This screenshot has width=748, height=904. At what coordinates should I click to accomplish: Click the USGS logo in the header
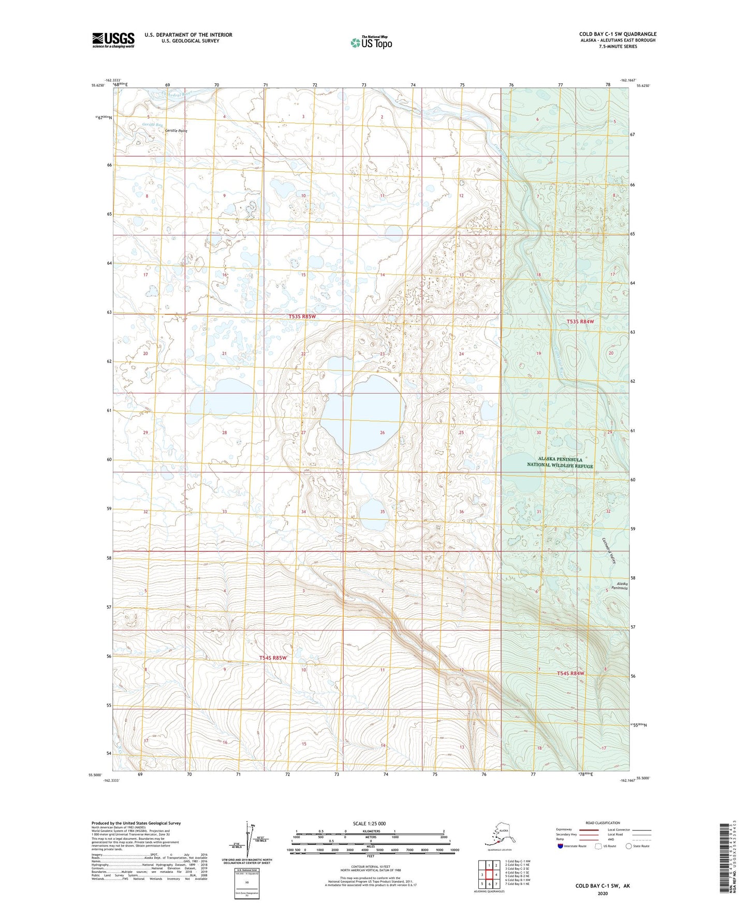point(113,40)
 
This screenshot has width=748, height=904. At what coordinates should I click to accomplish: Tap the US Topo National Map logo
point(371,42)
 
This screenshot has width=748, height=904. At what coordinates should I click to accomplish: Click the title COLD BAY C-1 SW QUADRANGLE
point(618,34)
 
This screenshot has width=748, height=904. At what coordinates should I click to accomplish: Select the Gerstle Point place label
point(176,131)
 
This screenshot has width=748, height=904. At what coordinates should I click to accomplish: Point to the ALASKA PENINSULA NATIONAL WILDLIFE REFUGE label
point(560,463)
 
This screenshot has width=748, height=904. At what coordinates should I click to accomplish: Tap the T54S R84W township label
point(570,674)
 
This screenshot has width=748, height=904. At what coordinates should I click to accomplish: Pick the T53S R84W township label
point(580,322)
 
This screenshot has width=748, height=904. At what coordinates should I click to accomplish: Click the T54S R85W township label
point(273,658)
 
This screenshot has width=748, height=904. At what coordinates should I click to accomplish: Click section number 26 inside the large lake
point(382,432)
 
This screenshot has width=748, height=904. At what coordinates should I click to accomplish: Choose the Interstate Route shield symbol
point(560,846)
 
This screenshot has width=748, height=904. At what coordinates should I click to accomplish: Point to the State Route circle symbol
point(629,846)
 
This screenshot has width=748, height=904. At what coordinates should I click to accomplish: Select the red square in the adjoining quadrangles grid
point(489,874)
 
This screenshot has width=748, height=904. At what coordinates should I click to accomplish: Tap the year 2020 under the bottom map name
point(603,893)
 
